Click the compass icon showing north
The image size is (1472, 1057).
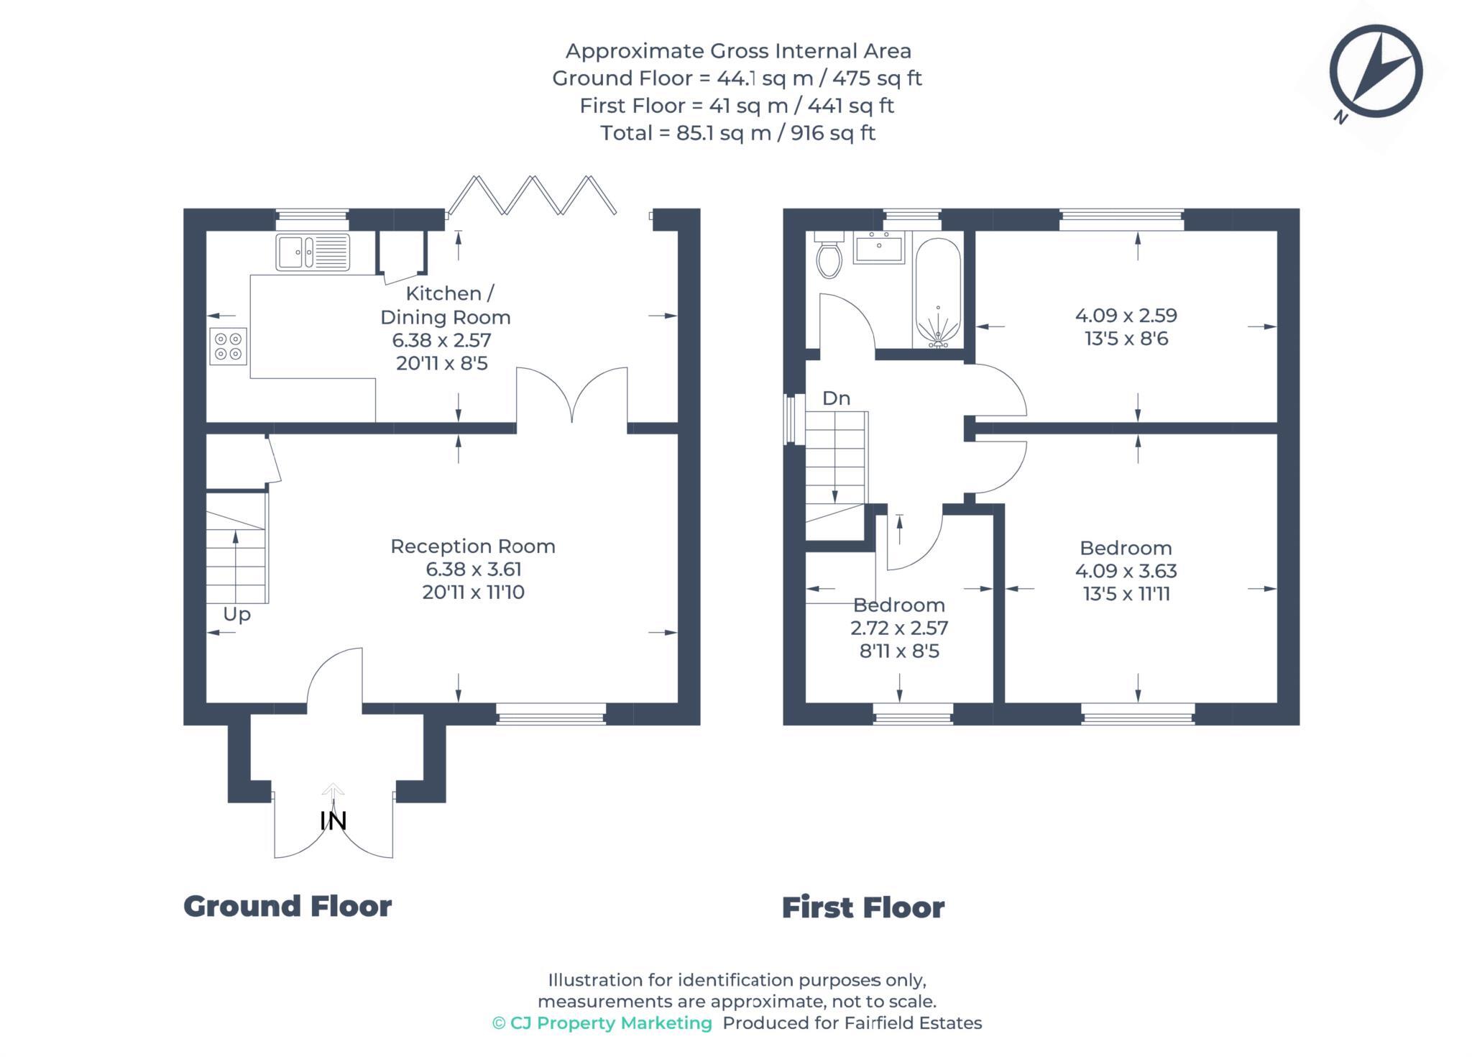click(1376, 72)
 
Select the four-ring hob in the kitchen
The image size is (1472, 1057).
click(229, 346)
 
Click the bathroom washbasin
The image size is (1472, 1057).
click(878, 248)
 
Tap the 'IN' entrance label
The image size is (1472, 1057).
click(333, 820)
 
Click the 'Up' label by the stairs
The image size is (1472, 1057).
click(236, 614)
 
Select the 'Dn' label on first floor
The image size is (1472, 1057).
click(836, 398)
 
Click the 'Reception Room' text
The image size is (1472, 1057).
click(473, 546)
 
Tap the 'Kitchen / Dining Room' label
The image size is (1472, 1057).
click(446, 305)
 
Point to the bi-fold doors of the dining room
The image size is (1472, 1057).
click(532, 196)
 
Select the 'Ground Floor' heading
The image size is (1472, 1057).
click(287, 906)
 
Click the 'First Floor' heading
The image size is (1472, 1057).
click(862, 907)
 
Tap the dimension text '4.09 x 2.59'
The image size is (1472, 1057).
click(1126, 315)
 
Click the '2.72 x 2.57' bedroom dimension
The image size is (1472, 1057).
click(899, 628)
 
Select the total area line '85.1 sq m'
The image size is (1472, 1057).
click(737, 133)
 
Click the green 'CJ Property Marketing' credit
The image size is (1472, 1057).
click(602, 1022)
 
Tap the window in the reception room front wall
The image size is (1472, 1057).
click(551, 714)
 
